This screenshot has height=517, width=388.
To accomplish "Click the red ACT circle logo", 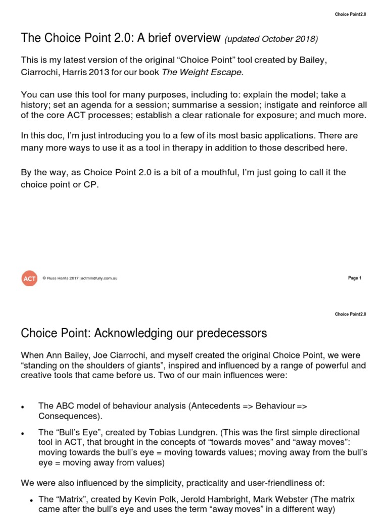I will point(29,278).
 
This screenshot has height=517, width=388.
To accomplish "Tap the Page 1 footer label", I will point(355,278).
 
